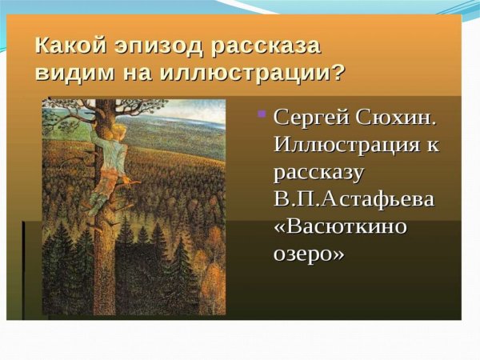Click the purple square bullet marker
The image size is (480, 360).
tap(261, 114)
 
